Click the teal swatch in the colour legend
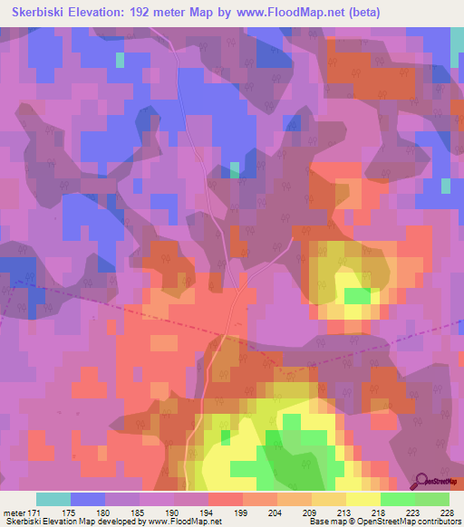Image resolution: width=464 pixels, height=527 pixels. (x=53, y=499)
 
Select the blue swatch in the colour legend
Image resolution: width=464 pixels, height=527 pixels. (x=88, y=499)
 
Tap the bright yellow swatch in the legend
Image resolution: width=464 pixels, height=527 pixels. (x=363, y=499)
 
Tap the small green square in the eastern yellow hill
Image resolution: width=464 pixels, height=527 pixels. (x=357, y=296)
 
